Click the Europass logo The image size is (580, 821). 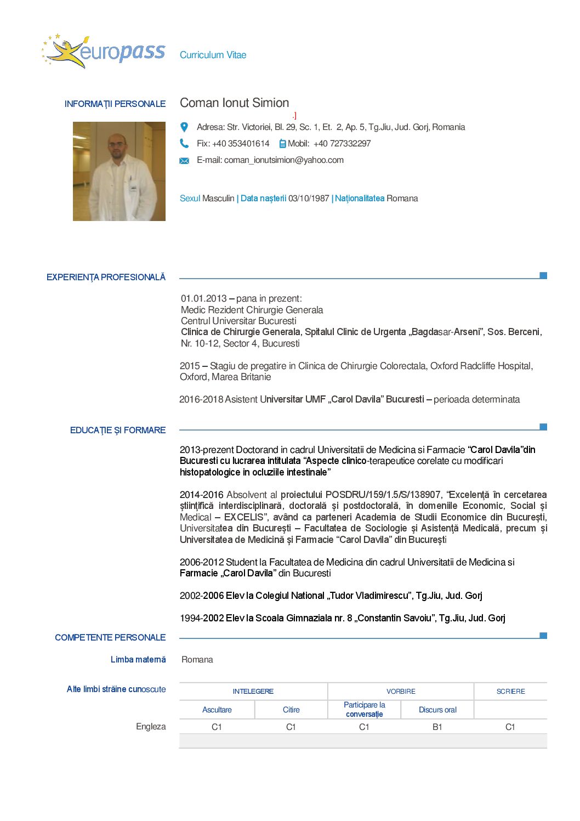click(x=104, y=52)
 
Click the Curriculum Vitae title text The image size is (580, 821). click(x=213, y=55)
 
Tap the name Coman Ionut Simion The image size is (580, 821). click(x=234, y=103)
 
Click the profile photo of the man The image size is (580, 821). click(x=119, y=171)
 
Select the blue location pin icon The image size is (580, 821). click(x=184, y=127)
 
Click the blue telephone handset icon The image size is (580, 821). click(x=184, y=144)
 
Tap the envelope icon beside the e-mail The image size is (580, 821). click(x=184, y=161)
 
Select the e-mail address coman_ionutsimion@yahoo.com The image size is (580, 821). click(x=283, y=160)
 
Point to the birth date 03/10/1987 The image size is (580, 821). click(x=309, y=199)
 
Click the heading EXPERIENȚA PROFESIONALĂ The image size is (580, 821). click(x=106, y=278)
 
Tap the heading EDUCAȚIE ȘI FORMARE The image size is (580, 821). click(x=118, y=431)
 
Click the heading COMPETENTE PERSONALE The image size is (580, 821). click(x=110, y=637)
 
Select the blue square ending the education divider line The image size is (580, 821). click(x=543, y=427)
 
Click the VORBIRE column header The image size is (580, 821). click(x=401, y=692)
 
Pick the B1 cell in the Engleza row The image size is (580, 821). click(x=437, y=727)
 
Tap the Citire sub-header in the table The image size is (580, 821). click(x=291, y=710)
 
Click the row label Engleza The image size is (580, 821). click(x=151, y=727)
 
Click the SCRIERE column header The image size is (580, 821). click(x=510, y=692)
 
